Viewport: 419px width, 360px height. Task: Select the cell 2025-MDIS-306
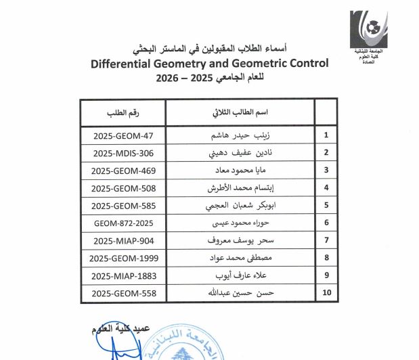click(x=123, y=152)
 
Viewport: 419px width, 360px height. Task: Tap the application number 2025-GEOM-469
click(x=123, y=170)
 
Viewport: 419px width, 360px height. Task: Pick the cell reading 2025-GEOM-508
click(x=123, y=187)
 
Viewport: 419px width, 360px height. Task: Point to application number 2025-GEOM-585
click(x=123, y=205)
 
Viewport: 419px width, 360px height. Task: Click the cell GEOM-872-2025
click(x=123, y=223)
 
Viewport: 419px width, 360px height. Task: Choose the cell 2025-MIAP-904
click(x=123, y=240)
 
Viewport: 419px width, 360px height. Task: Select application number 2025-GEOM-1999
click(x=123, y=258)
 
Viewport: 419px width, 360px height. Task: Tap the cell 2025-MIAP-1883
click(x=123, y=275)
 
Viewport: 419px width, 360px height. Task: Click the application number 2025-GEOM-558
click(x=123, y=293)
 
